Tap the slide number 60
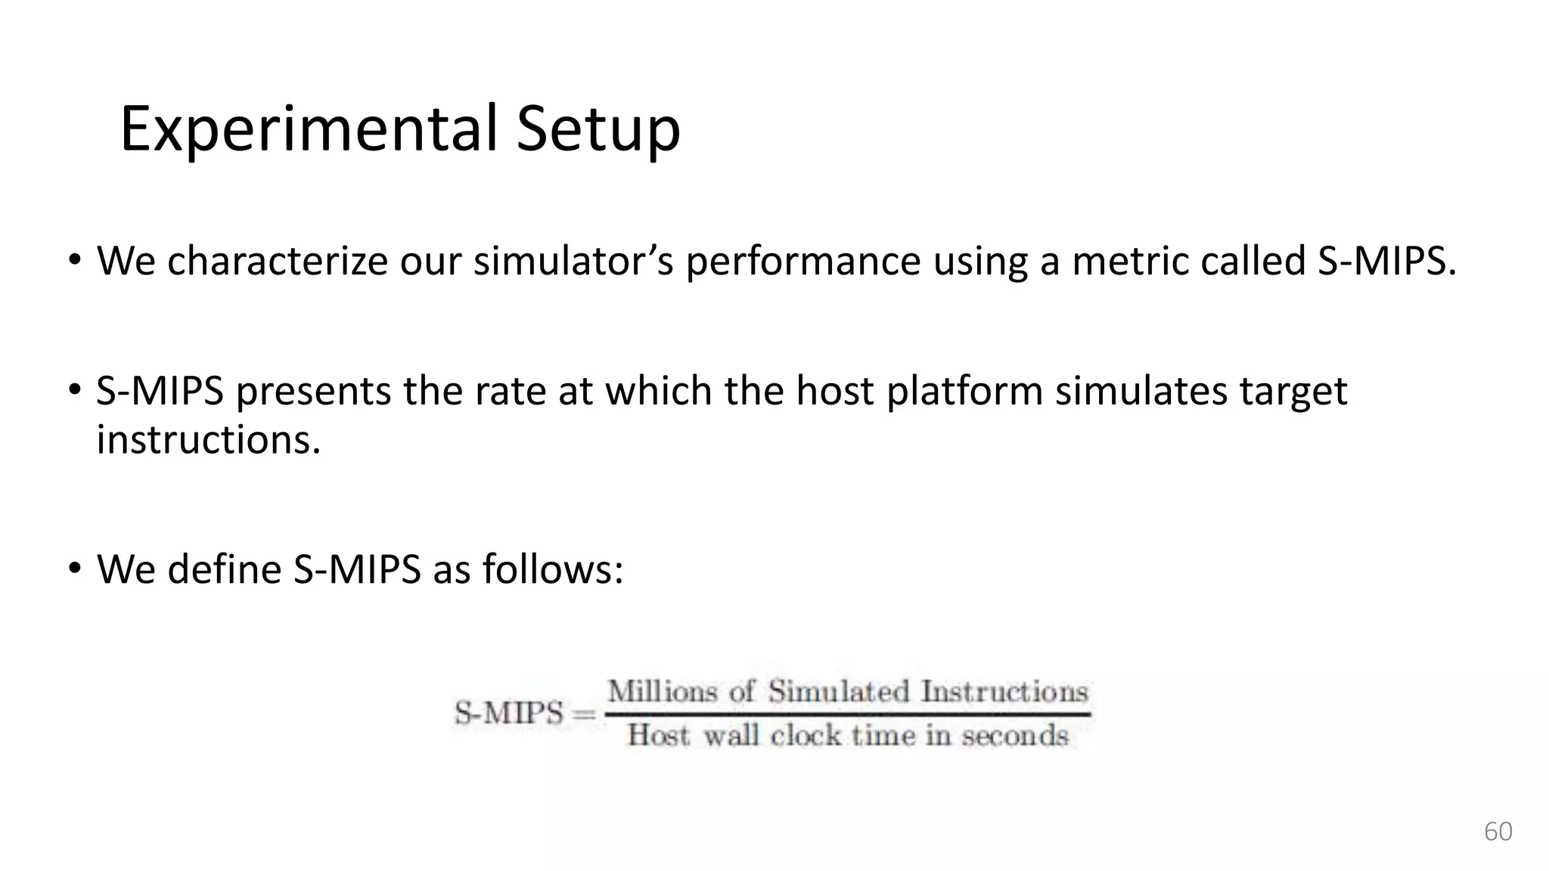[x=1498, y=831]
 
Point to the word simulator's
[x=573, y=261]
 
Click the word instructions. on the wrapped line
[x=209, y=439]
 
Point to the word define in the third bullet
[x=224, y=569]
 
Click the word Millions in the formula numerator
[x=662, y=691]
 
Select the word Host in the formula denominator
[x=658, y=735]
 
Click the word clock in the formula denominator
[x=805, y=735]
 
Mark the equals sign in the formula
[x=584, y=714]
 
